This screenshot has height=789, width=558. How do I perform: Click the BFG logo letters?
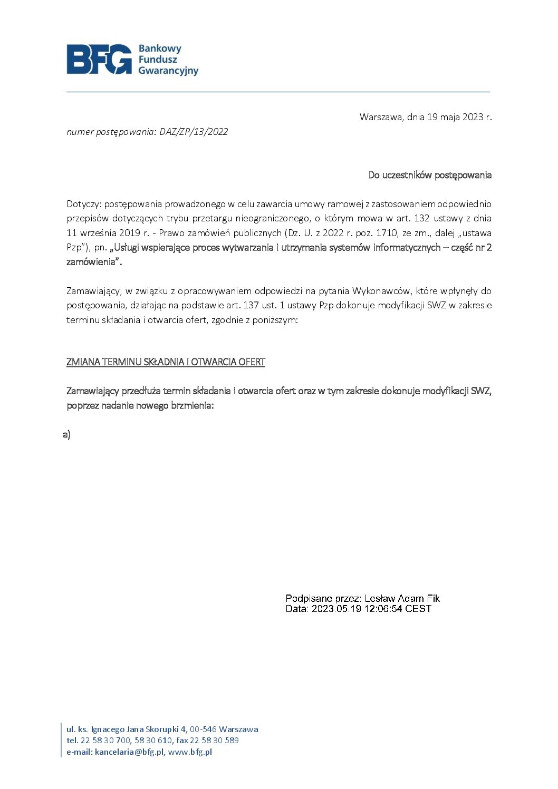coord(99,59)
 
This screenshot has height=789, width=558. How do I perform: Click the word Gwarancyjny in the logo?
coord(168,71)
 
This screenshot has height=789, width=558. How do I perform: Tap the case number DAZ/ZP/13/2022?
coord(194,132)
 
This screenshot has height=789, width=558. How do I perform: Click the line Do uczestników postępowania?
coord(430,175)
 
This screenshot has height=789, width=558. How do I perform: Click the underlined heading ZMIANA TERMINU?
coord(166,362)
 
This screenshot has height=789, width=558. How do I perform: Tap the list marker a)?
coord(66,435)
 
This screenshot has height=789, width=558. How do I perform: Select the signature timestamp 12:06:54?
coord(383,609)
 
